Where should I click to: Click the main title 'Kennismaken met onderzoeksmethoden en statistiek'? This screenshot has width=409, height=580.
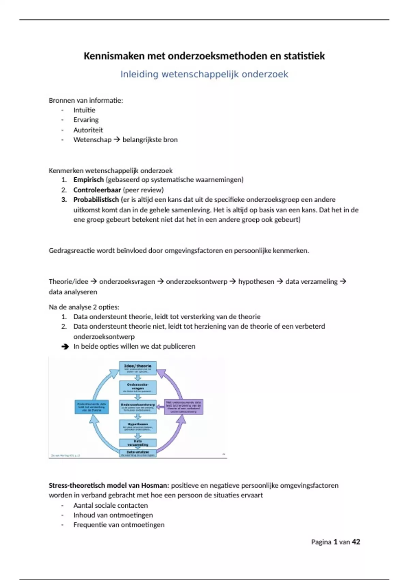click(x=204, y=56)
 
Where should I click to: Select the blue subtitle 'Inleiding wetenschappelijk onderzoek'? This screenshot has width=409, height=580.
click(x=204, y=74)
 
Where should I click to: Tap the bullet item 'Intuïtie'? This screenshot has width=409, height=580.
click(x=84, y=110)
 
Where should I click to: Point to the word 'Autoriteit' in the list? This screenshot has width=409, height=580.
click(x=88, y=130)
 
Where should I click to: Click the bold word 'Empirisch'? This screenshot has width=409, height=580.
click(x=88, y=180)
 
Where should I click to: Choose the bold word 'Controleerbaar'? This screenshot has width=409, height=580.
click(x=97, y=190)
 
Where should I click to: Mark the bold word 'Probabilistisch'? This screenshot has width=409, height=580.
click(x=96, y=200)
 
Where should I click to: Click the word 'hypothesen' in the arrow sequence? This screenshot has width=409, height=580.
click(x=256, y=282)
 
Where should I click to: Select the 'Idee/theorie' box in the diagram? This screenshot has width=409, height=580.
click(x=138, y=368)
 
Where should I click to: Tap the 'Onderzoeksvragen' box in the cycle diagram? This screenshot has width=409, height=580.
click(x=138, y=387)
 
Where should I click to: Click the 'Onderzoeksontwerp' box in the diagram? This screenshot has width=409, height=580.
click(x=138, y=407)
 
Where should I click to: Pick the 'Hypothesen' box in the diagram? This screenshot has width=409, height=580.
click(x=138, y=426)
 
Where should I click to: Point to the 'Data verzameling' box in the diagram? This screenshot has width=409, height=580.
click(x=138, y=443)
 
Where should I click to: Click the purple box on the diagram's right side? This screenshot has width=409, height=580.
click(x=184, y=407)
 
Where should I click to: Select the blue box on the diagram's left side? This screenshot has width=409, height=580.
click(x=91, y=407)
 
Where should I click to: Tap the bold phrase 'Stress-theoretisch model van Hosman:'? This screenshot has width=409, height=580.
click(x=109, y=485)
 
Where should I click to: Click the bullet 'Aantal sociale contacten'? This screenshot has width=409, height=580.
click(x=110, y=506)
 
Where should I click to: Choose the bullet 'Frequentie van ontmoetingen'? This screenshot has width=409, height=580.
click(x=119, y=525)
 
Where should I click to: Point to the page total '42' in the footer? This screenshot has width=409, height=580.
click(x=356, y=542)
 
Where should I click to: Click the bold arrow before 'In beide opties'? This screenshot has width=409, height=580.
click(x=65, y=347)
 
